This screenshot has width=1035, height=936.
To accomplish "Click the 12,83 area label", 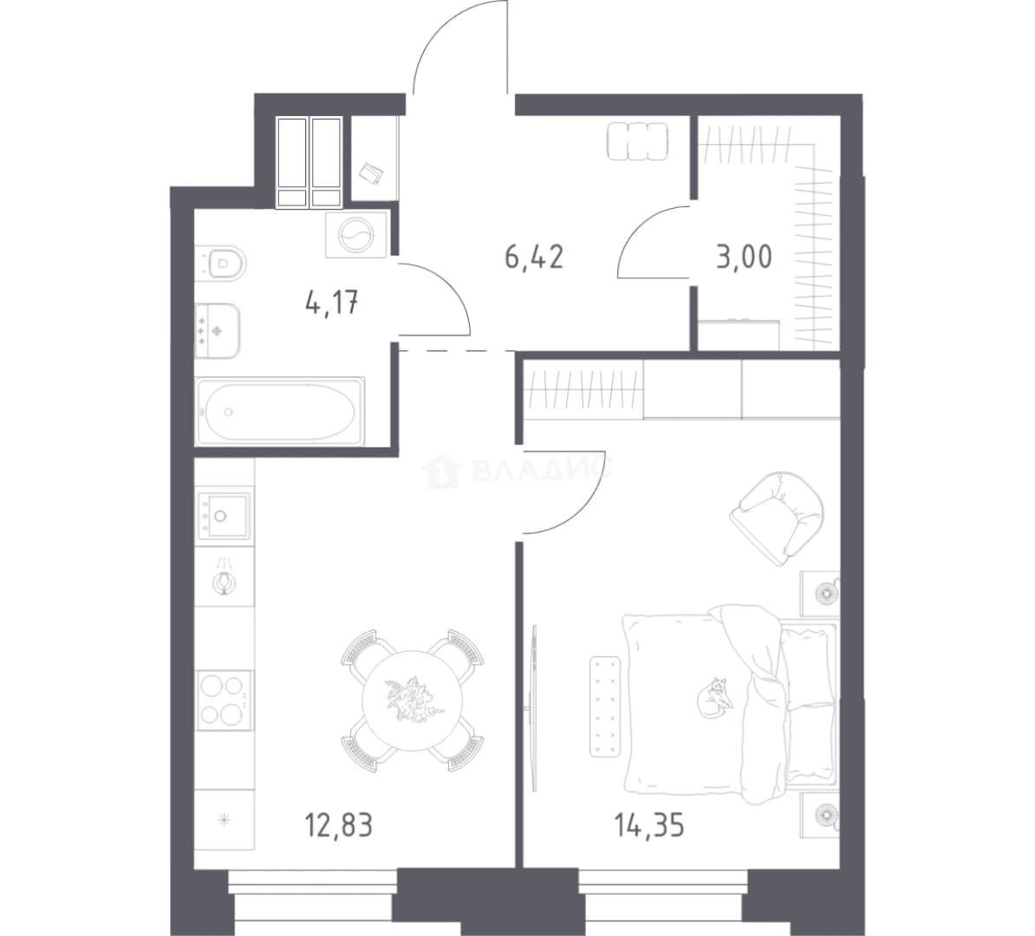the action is (339, 825).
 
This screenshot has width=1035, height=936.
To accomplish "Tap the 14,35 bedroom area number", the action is (649, 825).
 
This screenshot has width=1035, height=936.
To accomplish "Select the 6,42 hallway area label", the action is (534, 257).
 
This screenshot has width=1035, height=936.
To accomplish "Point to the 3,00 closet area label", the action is (744, 257).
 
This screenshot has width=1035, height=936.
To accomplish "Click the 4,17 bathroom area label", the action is (332, 303).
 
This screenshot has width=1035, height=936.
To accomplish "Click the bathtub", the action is (281, 411).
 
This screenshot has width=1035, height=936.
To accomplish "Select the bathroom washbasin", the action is (218, 331).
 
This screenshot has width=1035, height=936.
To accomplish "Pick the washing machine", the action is (355, 235).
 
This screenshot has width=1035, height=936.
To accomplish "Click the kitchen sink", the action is (225, 514).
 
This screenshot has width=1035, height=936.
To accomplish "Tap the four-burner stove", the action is (225, 699).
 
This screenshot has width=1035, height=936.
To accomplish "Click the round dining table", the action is (412, 700).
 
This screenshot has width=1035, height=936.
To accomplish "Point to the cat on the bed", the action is (715, 697).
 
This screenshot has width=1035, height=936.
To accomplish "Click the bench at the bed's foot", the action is (606, 706).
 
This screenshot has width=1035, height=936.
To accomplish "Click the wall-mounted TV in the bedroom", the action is (534, 707).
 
